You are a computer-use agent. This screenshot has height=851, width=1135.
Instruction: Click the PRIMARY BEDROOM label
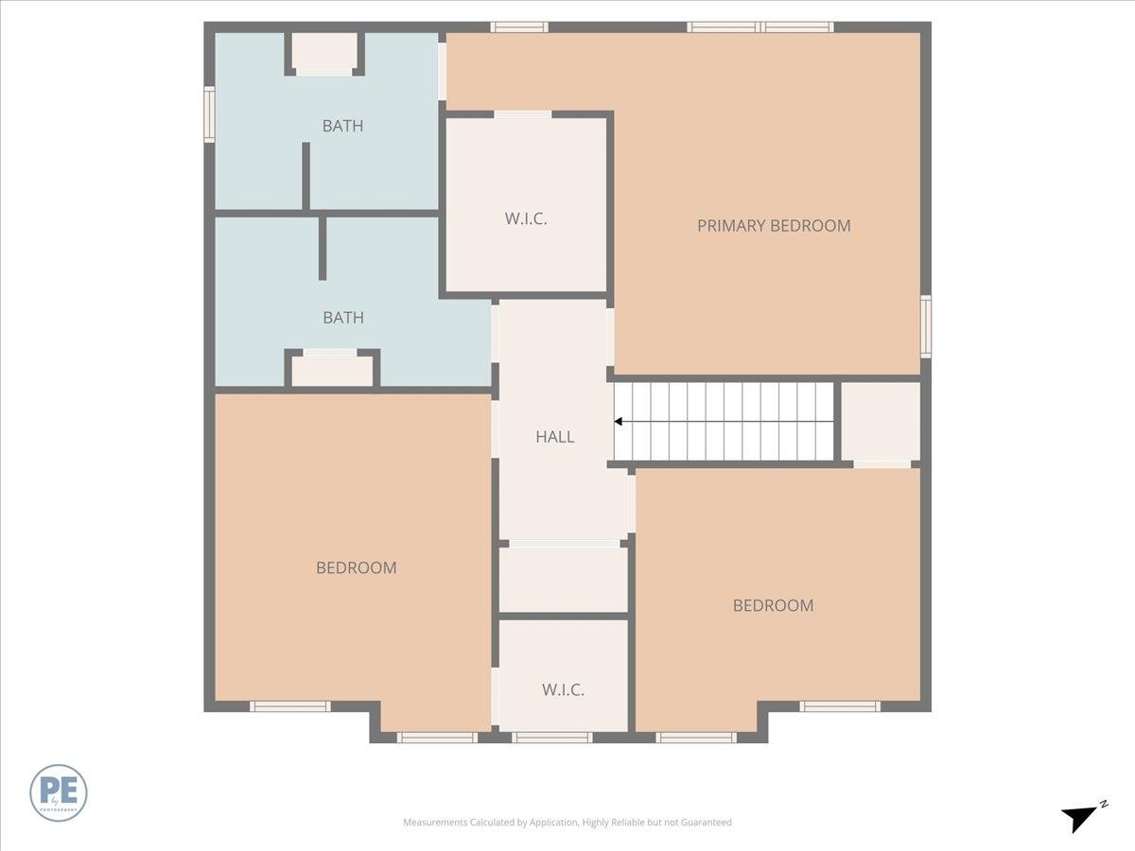coord(774,226)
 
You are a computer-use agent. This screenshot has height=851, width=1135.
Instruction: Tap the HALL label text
coord(555,437)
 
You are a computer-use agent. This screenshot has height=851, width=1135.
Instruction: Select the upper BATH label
coord(342,126)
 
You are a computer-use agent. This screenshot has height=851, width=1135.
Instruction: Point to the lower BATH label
coord(343,318)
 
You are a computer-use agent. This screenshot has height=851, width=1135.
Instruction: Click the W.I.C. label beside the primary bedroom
coord(526,218)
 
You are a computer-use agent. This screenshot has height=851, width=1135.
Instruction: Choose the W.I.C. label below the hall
coord(563,690)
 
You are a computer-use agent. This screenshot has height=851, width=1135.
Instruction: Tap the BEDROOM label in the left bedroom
coord(356,568)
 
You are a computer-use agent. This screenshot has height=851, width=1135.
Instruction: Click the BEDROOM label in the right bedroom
coord(773,606)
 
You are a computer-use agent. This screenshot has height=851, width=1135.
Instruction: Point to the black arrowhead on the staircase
coord(619,422)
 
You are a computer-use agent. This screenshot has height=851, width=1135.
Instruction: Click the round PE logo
coord(59,792)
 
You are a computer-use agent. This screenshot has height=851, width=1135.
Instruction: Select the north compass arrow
coord(1079,817)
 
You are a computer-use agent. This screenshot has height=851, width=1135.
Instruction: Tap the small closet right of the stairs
coord(880,421)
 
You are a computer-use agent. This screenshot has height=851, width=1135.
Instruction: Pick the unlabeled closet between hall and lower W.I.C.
coord(563,579)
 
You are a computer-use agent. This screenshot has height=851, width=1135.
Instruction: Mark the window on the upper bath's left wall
coord(209,114)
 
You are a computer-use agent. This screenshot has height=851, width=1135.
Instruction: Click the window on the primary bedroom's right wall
coord(926,326)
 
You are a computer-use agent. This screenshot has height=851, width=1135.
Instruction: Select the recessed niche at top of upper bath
coord(324,52)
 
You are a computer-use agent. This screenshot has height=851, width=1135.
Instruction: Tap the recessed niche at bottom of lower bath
coord(331,370)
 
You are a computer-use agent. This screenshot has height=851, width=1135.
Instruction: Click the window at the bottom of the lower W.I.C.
coord(551,738)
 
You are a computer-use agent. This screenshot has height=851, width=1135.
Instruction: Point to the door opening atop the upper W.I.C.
coord(523,114)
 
